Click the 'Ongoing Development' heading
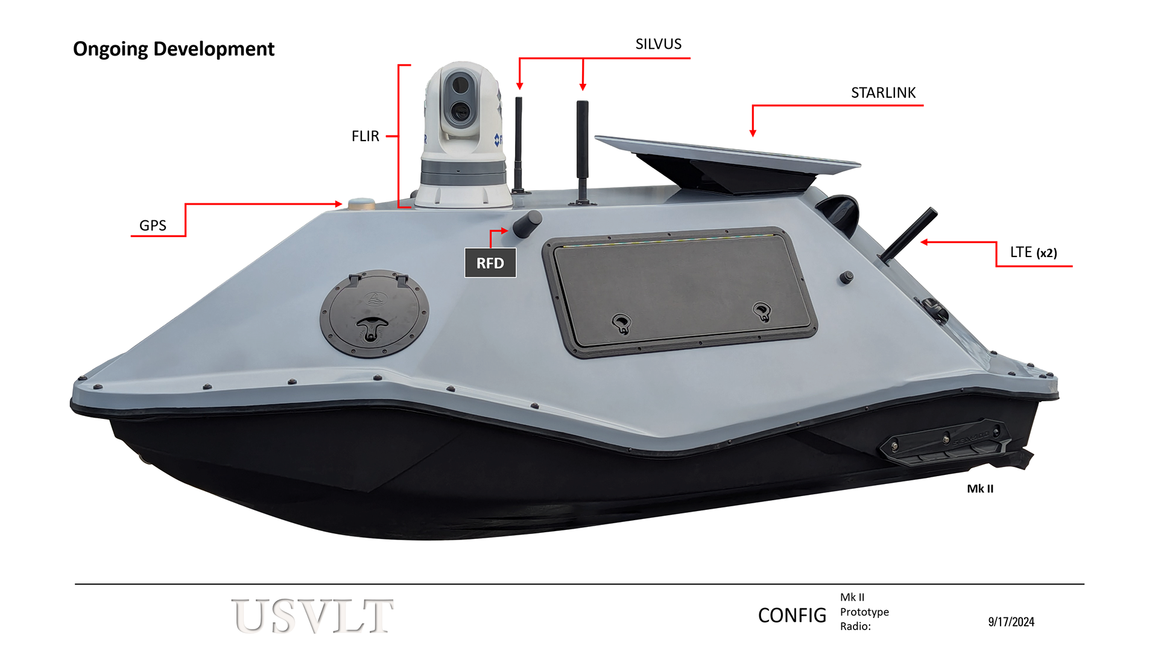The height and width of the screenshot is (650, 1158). (x=174, y=49)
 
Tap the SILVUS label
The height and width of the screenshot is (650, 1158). (x=658, y=44)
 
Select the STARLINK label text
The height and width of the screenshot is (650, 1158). (x=883, y=93)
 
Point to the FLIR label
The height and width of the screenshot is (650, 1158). (x=365, y=136)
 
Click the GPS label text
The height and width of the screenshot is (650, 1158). (x=153, y=226)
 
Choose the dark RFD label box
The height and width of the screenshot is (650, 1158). (x=490, y=263)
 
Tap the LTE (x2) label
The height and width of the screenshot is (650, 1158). (x=1033, y=252)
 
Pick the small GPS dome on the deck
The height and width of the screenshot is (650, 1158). (x=361, y=203)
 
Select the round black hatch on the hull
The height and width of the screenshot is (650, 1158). (x=374, y=314)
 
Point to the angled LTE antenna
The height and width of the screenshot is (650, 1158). (x=908, y=235)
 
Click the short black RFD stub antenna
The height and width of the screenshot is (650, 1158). (x=527, y=224)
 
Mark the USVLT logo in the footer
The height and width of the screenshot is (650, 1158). (x=312, y=616)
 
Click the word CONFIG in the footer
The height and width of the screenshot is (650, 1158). (x=791, y=616)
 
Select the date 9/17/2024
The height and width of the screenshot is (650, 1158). (x=1011, y=622)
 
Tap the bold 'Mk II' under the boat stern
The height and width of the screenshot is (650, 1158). (x=979, y=489)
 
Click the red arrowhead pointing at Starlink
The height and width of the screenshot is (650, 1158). (x=752, y=133)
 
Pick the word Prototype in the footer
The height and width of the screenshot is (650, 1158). (x=864, y=612)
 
